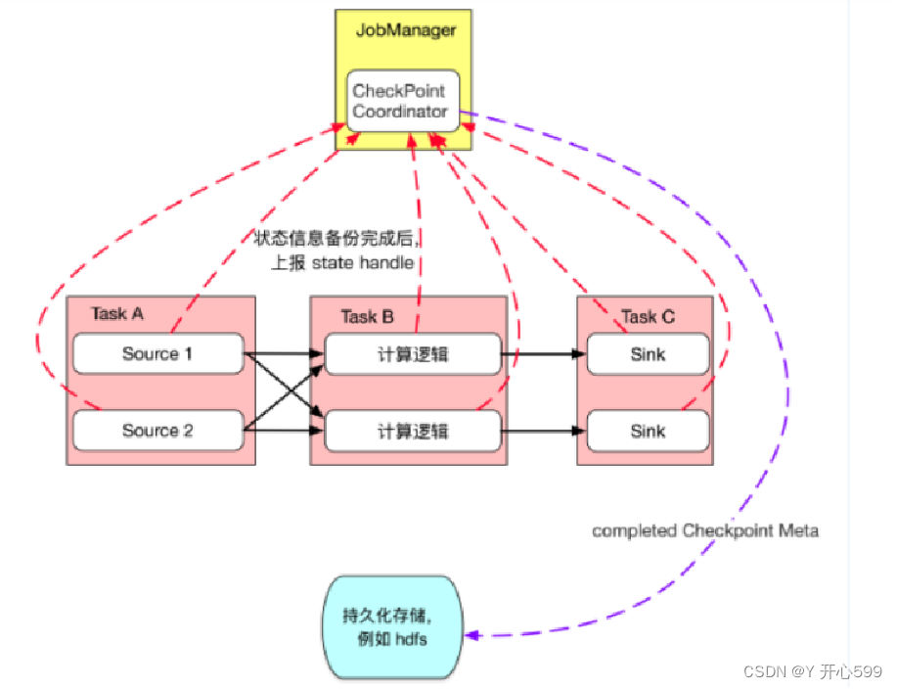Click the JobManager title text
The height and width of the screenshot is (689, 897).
(405, 30)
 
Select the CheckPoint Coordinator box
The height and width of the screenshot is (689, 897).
(400, 101)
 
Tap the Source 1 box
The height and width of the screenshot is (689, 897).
(157, 353)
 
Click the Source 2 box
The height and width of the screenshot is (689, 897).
(157, 431)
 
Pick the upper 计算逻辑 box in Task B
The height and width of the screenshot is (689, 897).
(412, 354)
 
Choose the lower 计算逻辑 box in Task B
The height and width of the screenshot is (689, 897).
(412, 432)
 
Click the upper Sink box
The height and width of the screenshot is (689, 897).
(648, 354)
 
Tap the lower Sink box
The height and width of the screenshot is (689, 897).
(648, 431)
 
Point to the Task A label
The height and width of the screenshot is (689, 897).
(117, 314)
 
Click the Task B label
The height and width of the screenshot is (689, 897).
(367, 316)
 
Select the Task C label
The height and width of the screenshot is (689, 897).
(648, 316)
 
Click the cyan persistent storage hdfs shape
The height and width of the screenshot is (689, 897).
(391, 627)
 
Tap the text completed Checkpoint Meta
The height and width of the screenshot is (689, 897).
(705, 530)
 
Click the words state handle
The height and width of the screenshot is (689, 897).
(363, 262)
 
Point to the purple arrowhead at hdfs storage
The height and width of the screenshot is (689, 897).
(472, 635)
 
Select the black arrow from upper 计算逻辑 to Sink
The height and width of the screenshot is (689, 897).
(544, 354)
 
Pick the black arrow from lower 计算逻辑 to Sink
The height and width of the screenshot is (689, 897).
(544, 431)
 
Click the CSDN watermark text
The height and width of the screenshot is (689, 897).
(812, 671)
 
